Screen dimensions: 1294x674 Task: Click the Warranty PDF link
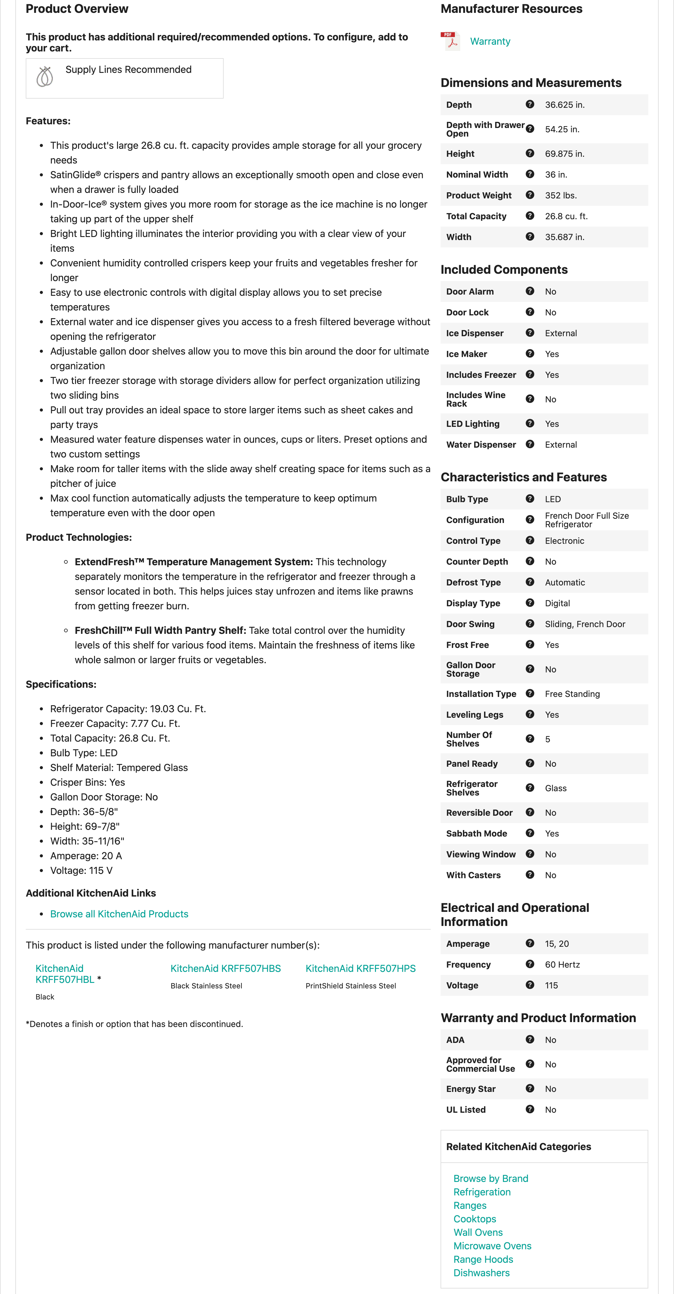[490, 42]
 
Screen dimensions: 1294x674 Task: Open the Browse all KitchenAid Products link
[119, 914]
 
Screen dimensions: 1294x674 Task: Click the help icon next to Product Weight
[530, 195]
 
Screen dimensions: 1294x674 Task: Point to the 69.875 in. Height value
[564, 154]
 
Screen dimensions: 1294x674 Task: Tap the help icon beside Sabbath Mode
[530, 833]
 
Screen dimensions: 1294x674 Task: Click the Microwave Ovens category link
[492, 1246]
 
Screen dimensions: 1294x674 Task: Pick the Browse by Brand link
[490, 1179]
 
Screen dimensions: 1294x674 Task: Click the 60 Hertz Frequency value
[562, 965]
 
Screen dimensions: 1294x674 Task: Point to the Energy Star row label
[471, 1089]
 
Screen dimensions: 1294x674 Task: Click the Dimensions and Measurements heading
[531, 83]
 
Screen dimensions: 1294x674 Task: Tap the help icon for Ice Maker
[530, 354]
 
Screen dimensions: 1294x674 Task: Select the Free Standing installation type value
[572, 694]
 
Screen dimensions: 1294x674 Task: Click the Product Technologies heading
[78, 537]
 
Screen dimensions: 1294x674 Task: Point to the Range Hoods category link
[483, 1259]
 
